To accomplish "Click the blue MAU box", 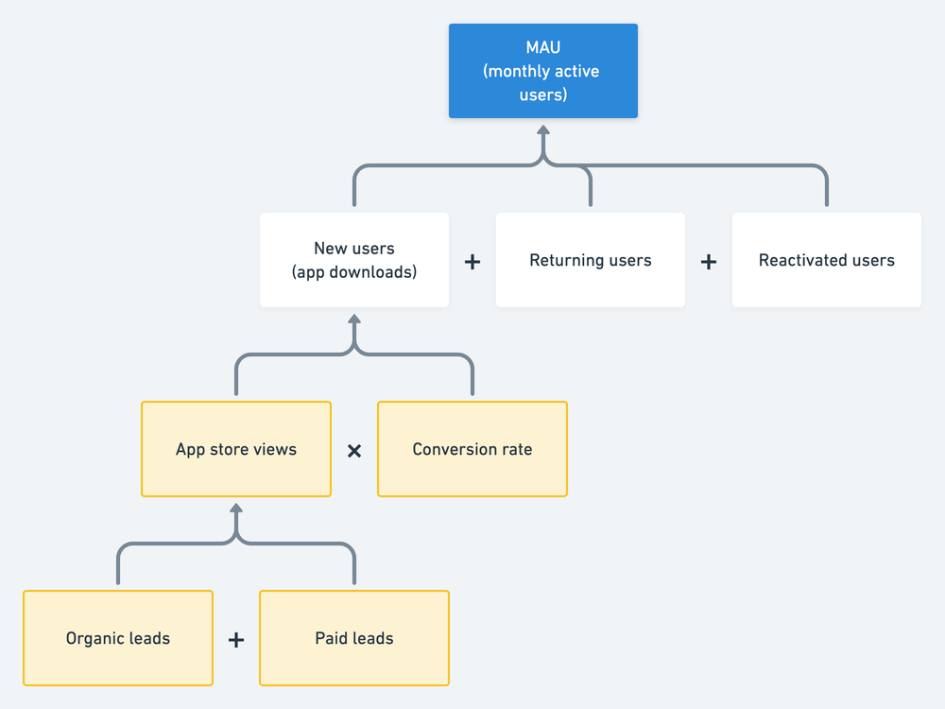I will coord(543,71).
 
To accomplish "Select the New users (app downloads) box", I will coord(354,260).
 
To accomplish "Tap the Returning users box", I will coord(591,260).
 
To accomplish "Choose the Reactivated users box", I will coord(827,260).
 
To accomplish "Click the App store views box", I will coord(236,449).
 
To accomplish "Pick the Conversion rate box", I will coord(472,449).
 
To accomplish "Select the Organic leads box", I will coord(118,638).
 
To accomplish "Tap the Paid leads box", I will coord(354,638).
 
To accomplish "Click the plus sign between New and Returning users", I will coord(472,262).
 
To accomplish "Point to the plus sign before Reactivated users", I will coord(709,262).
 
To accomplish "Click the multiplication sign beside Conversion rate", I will coord(354,451).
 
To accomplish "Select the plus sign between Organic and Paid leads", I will coord(236,640).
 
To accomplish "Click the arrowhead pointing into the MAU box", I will coord(543,128).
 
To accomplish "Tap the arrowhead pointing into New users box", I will coord(354,318).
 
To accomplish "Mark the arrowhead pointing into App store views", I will coord(236,507).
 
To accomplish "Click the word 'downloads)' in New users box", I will coord(378,272).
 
